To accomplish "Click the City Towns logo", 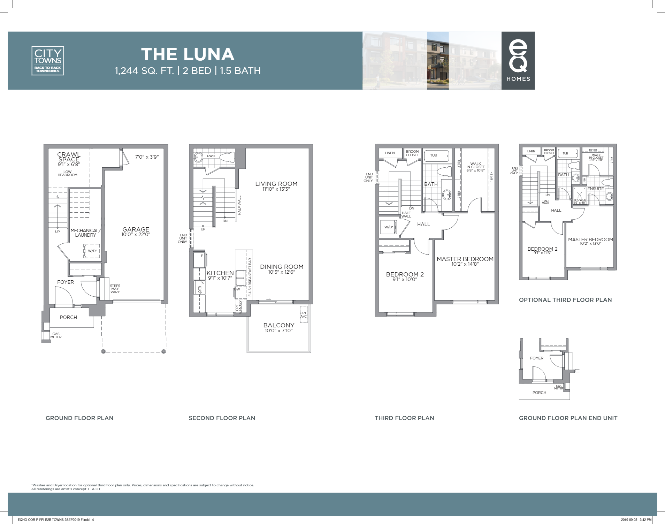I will tap(48, 60).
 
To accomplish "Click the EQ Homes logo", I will tap(518, 60).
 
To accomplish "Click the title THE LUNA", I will tap(188, 54).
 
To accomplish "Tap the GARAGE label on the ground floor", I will tap(136, 229).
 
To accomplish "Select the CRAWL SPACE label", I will tap(69, 157).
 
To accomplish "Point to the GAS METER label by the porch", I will tap(56, 335).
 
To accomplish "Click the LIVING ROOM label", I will tap(276, 184).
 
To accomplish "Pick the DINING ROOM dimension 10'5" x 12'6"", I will tap(282, 272).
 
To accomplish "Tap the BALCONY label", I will tap(278, 325).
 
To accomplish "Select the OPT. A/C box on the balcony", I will tap(303, 314).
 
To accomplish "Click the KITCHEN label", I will tap(220, 273).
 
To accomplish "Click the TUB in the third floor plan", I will tap(434, 155).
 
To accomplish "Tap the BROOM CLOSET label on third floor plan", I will tap(412, 153).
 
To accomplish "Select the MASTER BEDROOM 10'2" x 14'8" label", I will tap(465, 261).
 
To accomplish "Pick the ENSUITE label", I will tap(595, 189).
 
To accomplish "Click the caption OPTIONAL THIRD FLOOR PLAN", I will tap(565, 300).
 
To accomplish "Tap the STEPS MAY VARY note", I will tap(115, 289).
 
